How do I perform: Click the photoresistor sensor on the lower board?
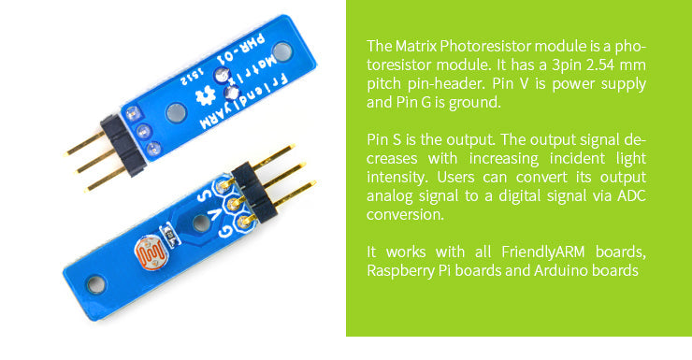point(151,252)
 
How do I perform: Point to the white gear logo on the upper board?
point(209,92)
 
